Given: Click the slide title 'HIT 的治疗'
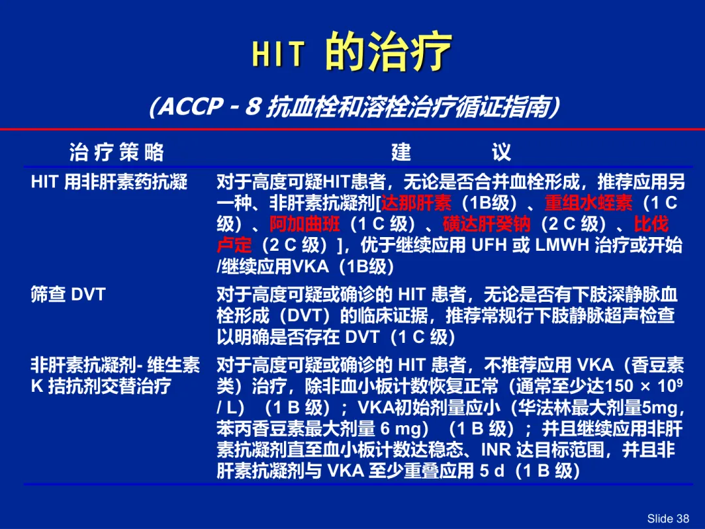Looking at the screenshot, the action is pyautogui.click(x=352, y=52).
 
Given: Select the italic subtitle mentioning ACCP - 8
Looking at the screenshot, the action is pyautogui.click(x=354, y=107).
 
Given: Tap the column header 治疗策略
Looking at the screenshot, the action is pyautogui.click(x=116, y=152).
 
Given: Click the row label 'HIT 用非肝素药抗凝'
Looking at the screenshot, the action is pyautogui.click(x=109, y=182).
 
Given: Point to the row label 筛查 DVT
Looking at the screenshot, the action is pyautogui.click(x=68, y=294).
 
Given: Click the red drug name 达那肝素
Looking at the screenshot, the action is pyautogui.click(x=416, y=203).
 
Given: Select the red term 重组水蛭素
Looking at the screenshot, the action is pyautogui.click(x=589, y=203).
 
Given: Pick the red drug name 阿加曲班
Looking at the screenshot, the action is pyautogui.click(x=305, y=224).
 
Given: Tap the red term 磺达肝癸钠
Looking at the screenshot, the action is pyautogui.click(x=486, y=224).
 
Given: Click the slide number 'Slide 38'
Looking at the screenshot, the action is pyautogui.click(x=668, y=518).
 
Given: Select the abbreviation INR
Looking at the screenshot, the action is pyautogui.click(x=496, y=449).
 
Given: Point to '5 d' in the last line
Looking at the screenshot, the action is pyautogui.click(x=492, y=470).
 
